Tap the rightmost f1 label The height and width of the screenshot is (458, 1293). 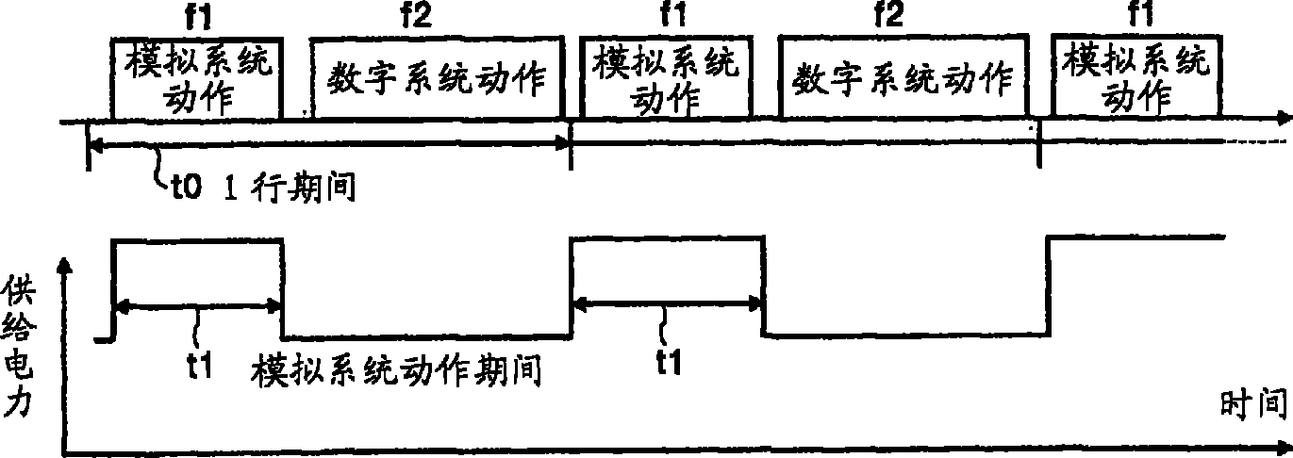(x=1135, y=16)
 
